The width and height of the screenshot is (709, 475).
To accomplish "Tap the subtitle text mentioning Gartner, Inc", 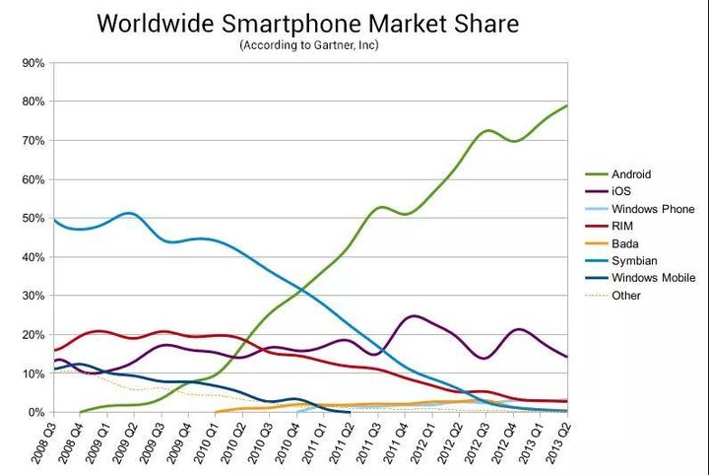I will (x=308, y=44).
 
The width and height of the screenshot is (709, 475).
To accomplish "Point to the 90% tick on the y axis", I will (x=32, y=63).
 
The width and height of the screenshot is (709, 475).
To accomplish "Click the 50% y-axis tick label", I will (x=32, y=218).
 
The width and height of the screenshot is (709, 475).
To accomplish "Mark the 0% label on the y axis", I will (x=35, y=412).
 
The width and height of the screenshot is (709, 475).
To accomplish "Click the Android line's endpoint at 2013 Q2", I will (x=566, y=105).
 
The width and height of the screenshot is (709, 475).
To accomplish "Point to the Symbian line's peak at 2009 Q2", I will (x=129, y=213).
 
